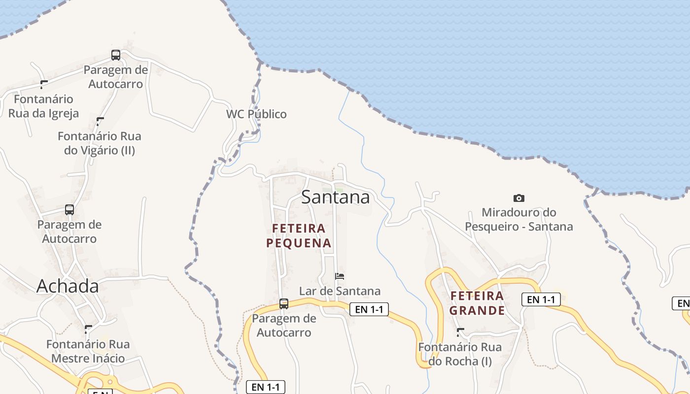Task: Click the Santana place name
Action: click(x=335, y=197)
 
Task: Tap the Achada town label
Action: click(x=68, y=286)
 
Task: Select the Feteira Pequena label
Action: click(x=299, y=235)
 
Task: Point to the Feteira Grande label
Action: click(x=477, y=303)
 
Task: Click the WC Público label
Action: click(x=256, y=114)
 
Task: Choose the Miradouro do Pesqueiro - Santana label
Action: click(x=519, y=220)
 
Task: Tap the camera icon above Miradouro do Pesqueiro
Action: click(x=519, y=198)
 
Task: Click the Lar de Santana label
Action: click(x=340, y=291)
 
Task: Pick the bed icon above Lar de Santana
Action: click(x=340, y=276)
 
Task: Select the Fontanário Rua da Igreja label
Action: click(x=43, y=106)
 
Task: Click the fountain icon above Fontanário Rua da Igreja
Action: click(x=44, y=84)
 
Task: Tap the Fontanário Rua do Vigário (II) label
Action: click(x=100, y=143)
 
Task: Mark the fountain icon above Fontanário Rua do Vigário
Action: click(x=100, y=121)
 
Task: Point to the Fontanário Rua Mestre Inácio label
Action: click(x=88, y=351)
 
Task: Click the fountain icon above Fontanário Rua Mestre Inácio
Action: click(x=88, y=329)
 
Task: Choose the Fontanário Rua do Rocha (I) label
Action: click(x=460, y=354)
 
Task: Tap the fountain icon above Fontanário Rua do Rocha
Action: click(x=460, y=332)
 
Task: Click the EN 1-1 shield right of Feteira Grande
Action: click(x=541, y=299)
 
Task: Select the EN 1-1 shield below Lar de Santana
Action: click(x=369, y=309)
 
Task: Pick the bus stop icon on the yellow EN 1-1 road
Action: click(x=284, y=303)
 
